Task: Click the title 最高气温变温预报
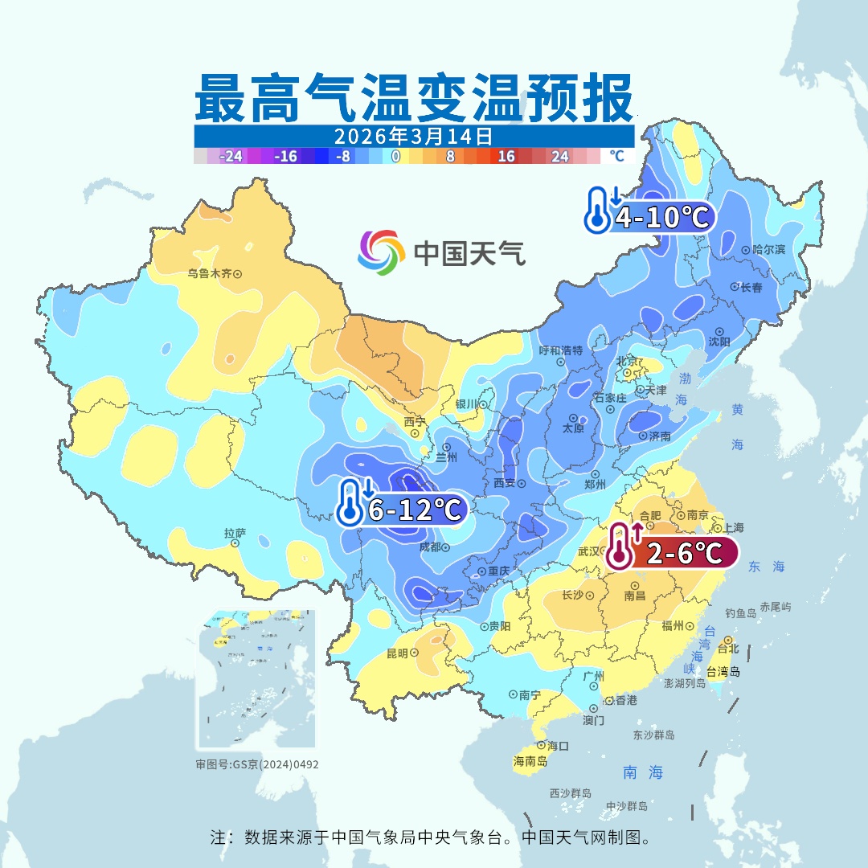(x=413, y=98)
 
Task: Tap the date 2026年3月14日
(x=413, y=135)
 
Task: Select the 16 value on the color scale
(x=506, y=157)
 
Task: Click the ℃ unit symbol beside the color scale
(x=616, y=156)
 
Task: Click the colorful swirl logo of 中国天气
(x=381, y=252)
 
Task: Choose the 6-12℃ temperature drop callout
(x=402, y=508)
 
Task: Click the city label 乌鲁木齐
(x=209, y=273)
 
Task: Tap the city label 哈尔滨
(x=764, y=250)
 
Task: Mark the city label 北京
(x=627, y=361)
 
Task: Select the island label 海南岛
(x=530, y=761)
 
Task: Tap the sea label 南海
(x=643, y=772)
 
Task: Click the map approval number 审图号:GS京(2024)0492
(x=257, y=764)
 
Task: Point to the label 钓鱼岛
(x=739, y=613)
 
